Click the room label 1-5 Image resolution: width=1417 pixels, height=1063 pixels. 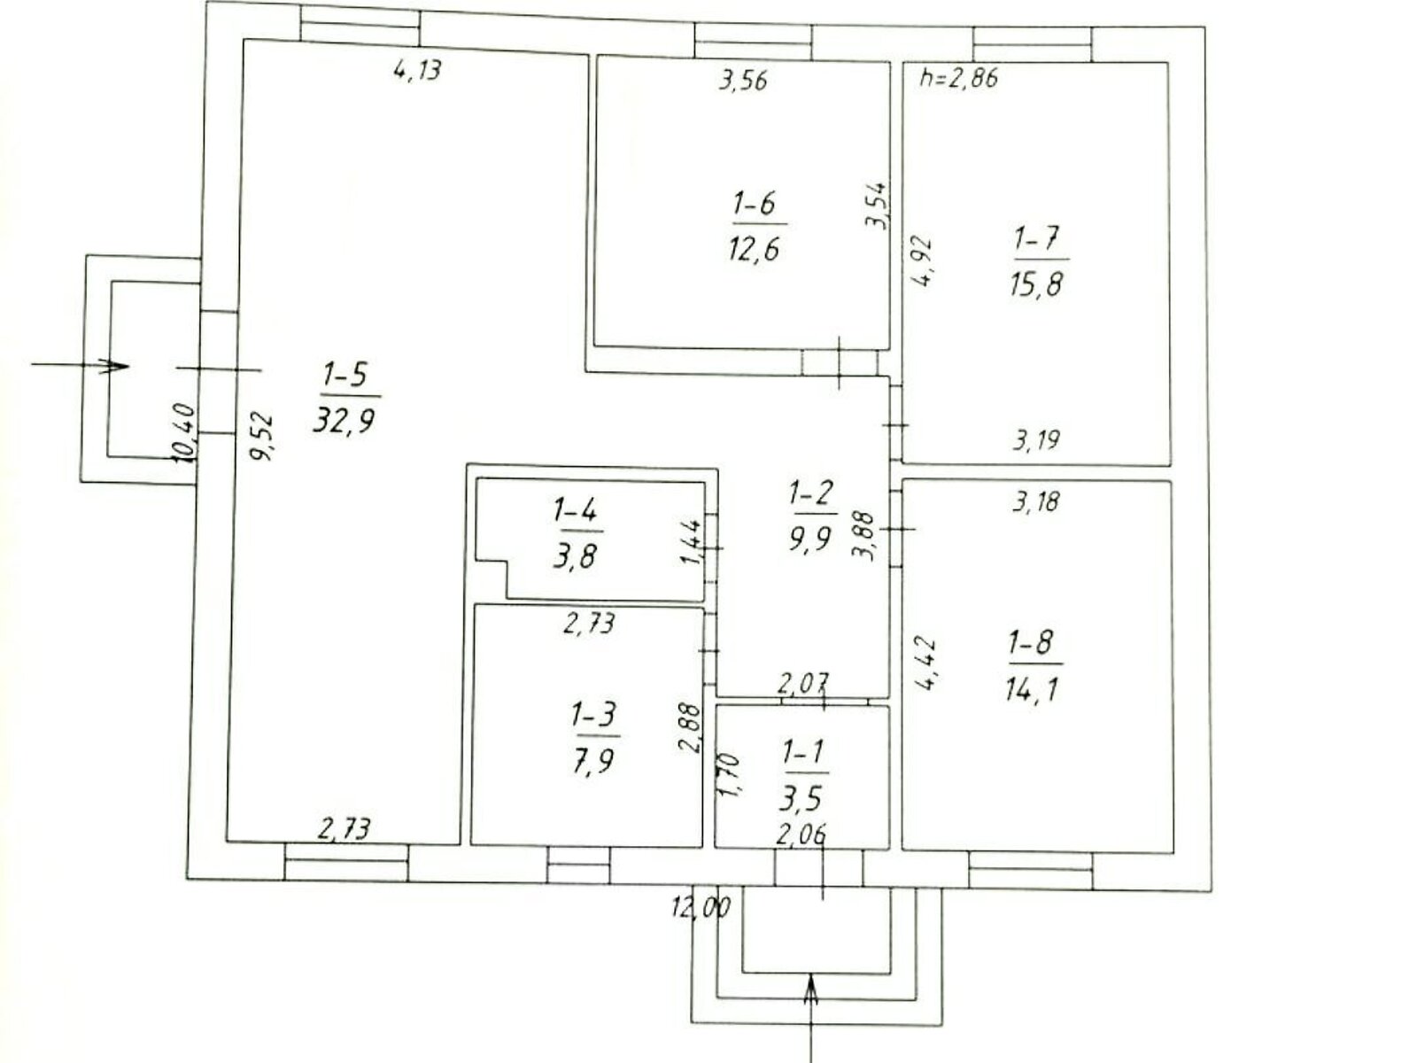click(345, 374)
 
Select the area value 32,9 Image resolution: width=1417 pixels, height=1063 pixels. click(345, 422)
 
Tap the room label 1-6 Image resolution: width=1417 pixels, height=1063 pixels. click(754, 204)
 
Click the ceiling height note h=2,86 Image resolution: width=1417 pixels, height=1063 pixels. click(958, 77)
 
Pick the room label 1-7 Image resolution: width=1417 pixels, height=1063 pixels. click(1036, 239)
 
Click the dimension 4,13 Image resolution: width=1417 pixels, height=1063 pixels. click(418, 69)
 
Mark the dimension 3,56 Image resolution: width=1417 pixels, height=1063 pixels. click(743, 81)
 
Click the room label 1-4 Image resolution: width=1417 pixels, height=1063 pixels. click(575, 511)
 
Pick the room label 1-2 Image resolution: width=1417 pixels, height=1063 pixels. click(810, 493)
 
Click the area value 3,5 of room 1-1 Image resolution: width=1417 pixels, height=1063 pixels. click(801, 799)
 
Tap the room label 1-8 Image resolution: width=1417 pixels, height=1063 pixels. click(1031, 642)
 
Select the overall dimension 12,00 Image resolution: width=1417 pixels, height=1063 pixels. click(701, 908)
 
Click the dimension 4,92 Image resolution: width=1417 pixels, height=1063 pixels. click(921, 261)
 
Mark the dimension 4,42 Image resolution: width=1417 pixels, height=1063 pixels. click(925, 663)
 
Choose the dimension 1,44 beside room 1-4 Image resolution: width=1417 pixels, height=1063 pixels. click(692, 542)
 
